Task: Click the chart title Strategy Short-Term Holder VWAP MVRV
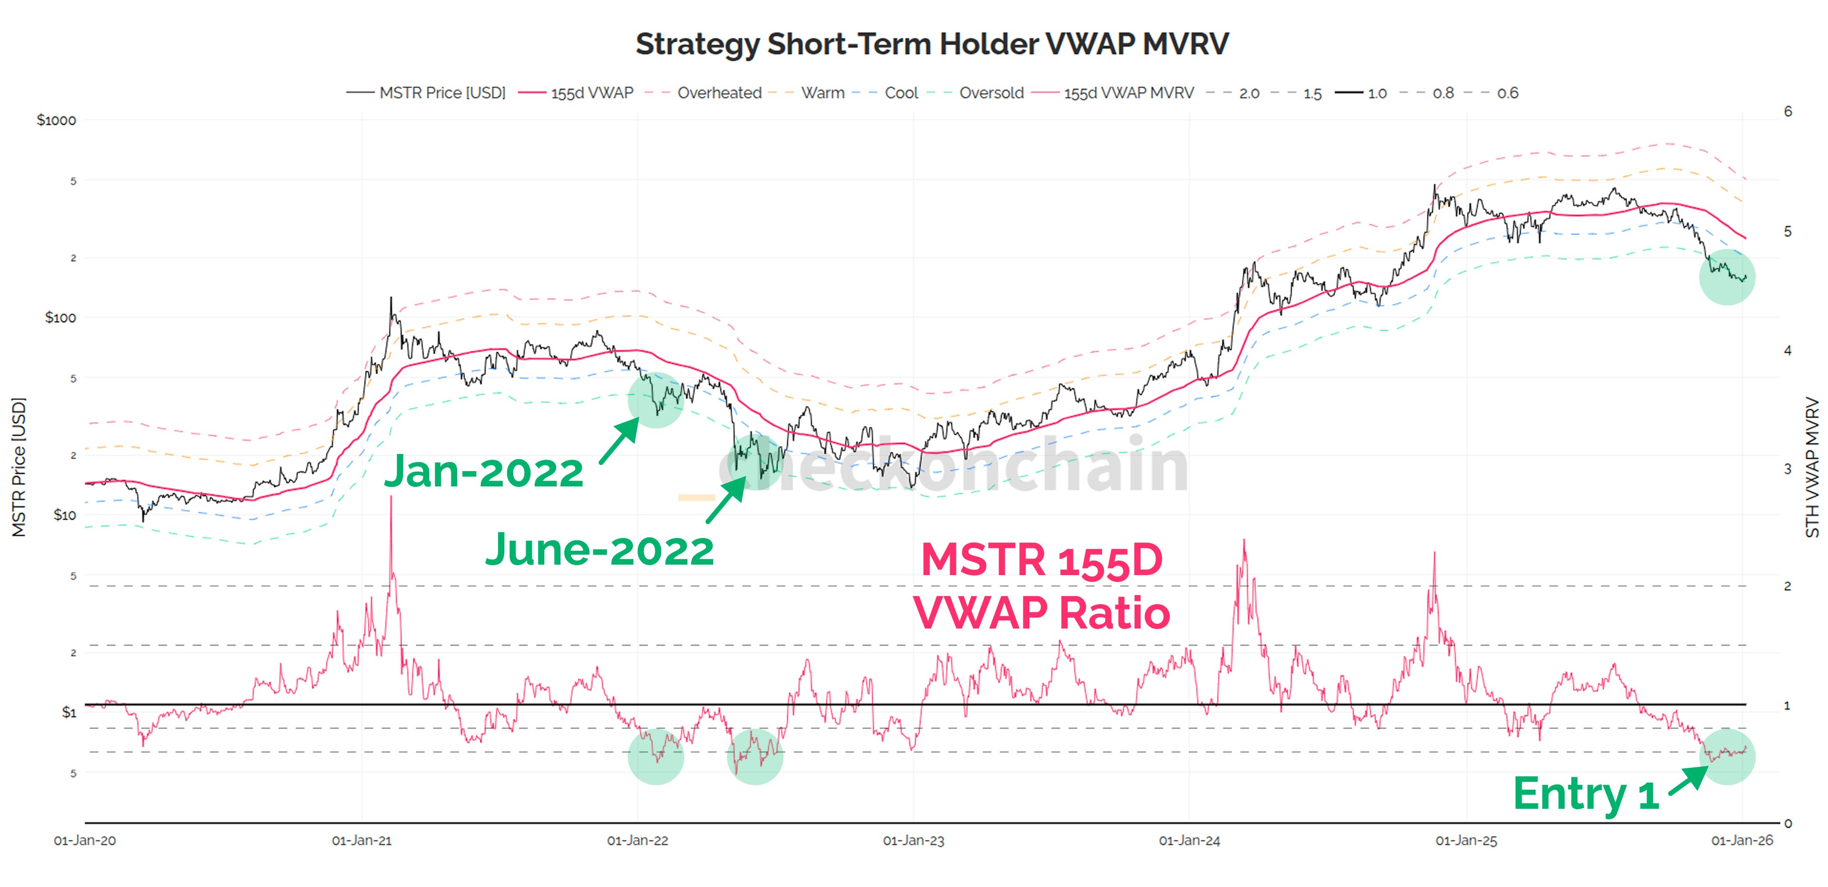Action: click(932, 44)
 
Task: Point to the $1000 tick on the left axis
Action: click(56, 120)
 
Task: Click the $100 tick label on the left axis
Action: click(60, 317)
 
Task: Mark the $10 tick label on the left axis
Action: click(64, 515)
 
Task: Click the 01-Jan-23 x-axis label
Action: click(914, 841)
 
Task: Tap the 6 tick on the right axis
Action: click(1787, 112)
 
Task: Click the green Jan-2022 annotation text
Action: click(483, 472)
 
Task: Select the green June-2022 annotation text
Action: click(600, 550)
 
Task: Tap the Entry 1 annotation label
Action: click(1586, 794)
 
